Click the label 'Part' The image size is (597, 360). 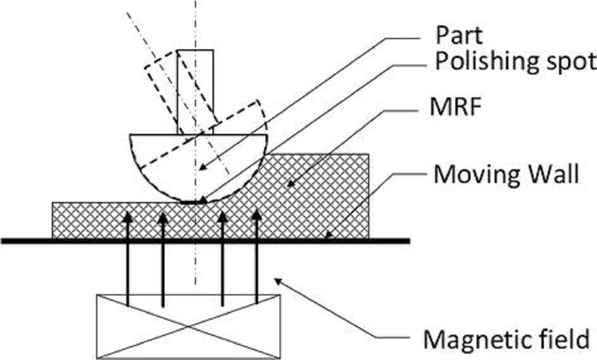click(459, 36)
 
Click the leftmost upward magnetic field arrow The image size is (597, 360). click(128, 259)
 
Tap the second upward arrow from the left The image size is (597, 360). click(163, 259)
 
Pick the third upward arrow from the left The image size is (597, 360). click(222, 259)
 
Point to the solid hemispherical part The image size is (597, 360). click(164, 159)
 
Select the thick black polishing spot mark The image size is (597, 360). click(194, 202)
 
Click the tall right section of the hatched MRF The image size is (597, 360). click(323, 194)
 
